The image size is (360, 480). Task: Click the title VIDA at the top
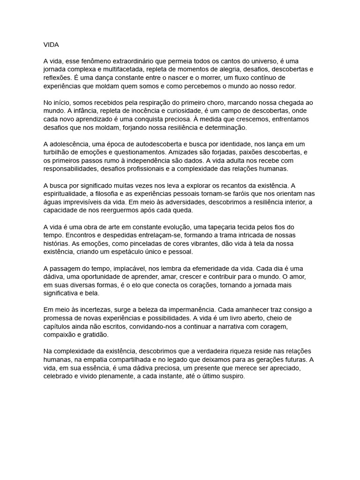[52, 45]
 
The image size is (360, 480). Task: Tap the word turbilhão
[58, 152]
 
